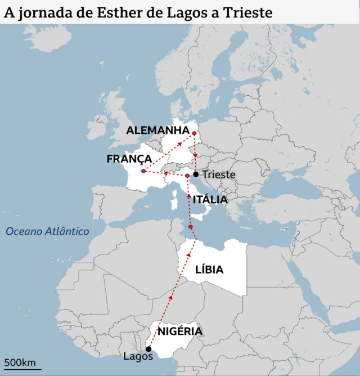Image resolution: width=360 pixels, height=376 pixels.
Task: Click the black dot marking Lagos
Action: pos(148,349)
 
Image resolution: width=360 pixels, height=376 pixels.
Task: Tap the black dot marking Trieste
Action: pos(195,174)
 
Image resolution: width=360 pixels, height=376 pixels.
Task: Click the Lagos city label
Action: pos(138,356)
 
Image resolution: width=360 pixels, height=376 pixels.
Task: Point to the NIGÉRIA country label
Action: pos(179,331)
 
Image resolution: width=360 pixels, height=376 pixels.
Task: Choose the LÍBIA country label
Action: pos(209,270)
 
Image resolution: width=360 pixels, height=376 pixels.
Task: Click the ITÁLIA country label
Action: pos(210,199)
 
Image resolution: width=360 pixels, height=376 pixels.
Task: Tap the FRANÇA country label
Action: pos(129,159)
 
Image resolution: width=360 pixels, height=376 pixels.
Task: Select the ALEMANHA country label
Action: pos(157,131)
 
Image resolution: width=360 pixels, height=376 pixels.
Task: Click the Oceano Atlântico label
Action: pos(47,231)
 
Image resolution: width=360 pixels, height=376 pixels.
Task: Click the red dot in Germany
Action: pos(195,133)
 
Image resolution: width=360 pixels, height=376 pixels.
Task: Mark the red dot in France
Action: pos(143,171)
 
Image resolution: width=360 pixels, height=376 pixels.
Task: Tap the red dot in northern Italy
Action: pos(187,176)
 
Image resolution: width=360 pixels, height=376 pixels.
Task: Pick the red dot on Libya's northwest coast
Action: pos(191,227)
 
